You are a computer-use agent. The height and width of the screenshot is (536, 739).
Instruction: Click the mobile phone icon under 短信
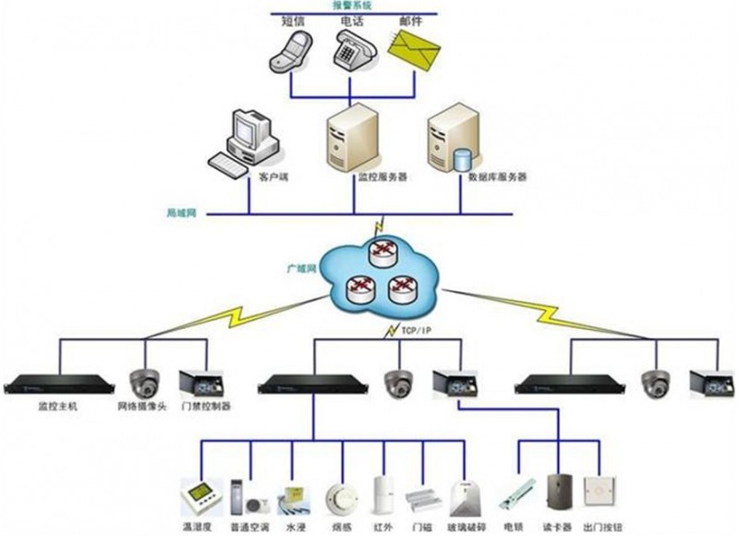[289, 48]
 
